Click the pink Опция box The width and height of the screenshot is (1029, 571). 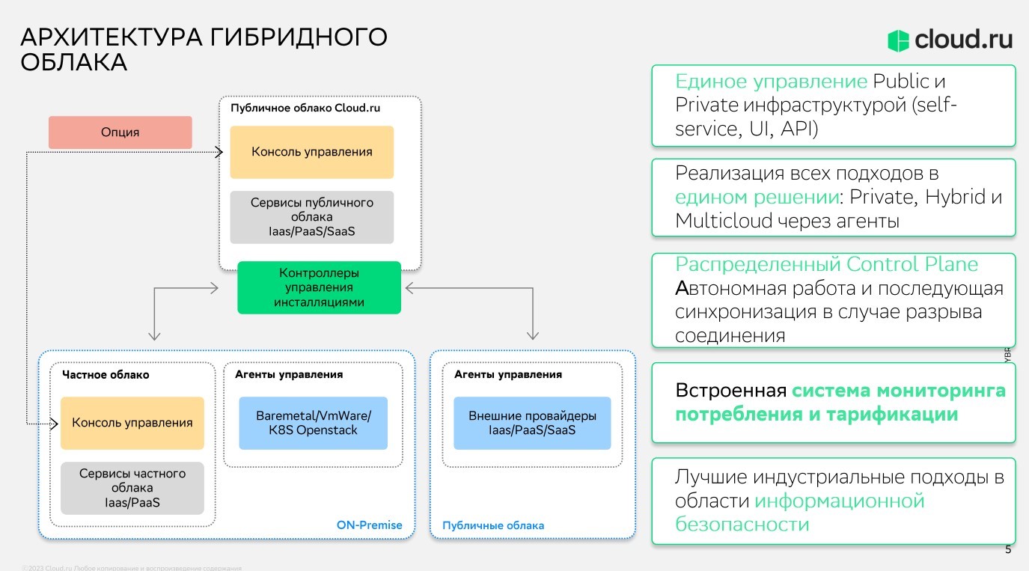tap(120, 132)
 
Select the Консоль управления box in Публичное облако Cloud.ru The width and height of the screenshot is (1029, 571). tap(311, 152)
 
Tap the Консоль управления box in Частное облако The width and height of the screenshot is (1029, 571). tap(132, 423)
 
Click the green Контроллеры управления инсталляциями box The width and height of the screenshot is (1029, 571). tap(320, 287)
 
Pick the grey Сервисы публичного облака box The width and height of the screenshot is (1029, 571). tap(311, 217)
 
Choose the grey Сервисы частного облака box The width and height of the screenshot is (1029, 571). tap(132, 488)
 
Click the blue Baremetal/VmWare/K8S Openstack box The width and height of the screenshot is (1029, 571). tap(313, 423)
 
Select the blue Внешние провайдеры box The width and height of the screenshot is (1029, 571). tap(532, 423)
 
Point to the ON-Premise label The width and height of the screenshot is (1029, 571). tap(369, 525)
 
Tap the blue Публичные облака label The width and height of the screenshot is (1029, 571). tap(492, 525)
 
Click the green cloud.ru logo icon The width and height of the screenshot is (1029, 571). tap(898, 40)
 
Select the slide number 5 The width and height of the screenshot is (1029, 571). tap(1007, 550)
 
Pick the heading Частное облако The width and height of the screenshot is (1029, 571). tap(106, 374)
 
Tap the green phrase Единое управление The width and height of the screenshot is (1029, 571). tap(771, 82)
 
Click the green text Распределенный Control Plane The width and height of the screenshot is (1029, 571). tap(826, 264)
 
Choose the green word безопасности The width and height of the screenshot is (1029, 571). tap(742, 524)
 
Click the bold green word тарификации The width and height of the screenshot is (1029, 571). tap(892, 414)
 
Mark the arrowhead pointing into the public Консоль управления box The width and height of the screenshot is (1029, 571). tap(219, 153)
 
